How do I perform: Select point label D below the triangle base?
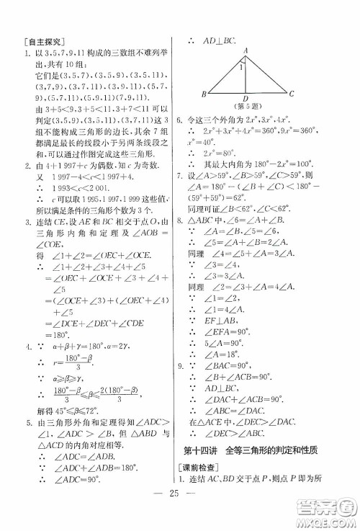coord(246,99)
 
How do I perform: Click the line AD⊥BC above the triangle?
coord(224,42)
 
